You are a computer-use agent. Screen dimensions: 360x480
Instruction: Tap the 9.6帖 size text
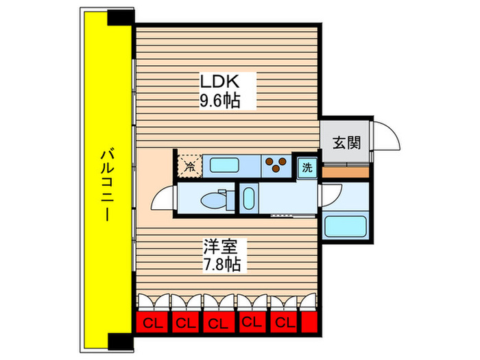pyautogui.click(x=219, y=101)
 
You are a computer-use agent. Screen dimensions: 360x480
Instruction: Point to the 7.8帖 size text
pyautogui.click(x=219, y=264)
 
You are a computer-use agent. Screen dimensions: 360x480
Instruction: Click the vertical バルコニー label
pyautogui.click(x=105, y=184)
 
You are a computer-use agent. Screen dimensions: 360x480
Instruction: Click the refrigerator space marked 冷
pyautogui.click(x=189, y=165)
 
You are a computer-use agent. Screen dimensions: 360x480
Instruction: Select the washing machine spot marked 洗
pyautogui.click(x=306, y=165)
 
